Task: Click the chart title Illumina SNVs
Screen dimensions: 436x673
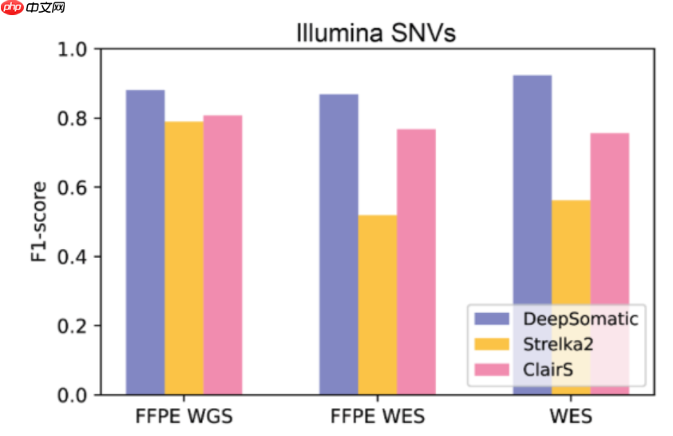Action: pos(375,33)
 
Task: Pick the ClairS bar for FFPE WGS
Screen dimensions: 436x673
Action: pos(223,255)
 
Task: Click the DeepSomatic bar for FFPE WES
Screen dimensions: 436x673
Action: pos(338,244)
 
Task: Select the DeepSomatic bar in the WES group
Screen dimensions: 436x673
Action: pos(532,200)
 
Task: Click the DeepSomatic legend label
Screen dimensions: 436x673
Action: pos(580,319)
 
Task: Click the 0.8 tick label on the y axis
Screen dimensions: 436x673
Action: pos(74,119)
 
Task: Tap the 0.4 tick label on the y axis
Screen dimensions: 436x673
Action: pos(74,257)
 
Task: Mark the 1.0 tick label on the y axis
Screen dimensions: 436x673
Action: pos(74,50)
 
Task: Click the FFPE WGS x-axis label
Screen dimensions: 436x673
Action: pos(184,417)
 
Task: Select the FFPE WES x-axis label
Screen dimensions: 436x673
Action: pos(378,417)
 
